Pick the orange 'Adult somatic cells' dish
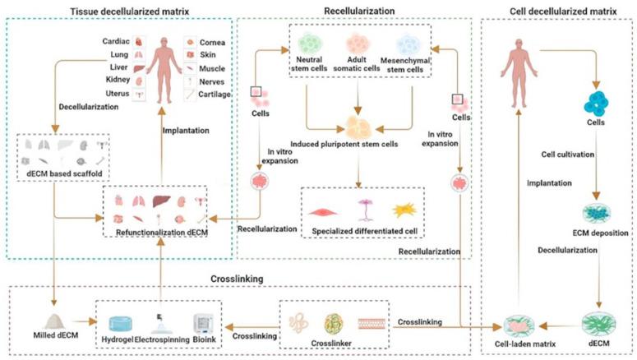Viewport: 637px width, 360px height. click(359, 43)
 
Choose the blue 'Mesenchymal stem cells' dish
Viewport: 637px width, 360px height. click(411, 44)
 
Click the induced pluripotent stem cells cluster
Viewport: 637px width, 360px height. click(358, 126)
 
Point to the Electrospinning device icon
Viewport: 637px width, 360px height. click(161, 319)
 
